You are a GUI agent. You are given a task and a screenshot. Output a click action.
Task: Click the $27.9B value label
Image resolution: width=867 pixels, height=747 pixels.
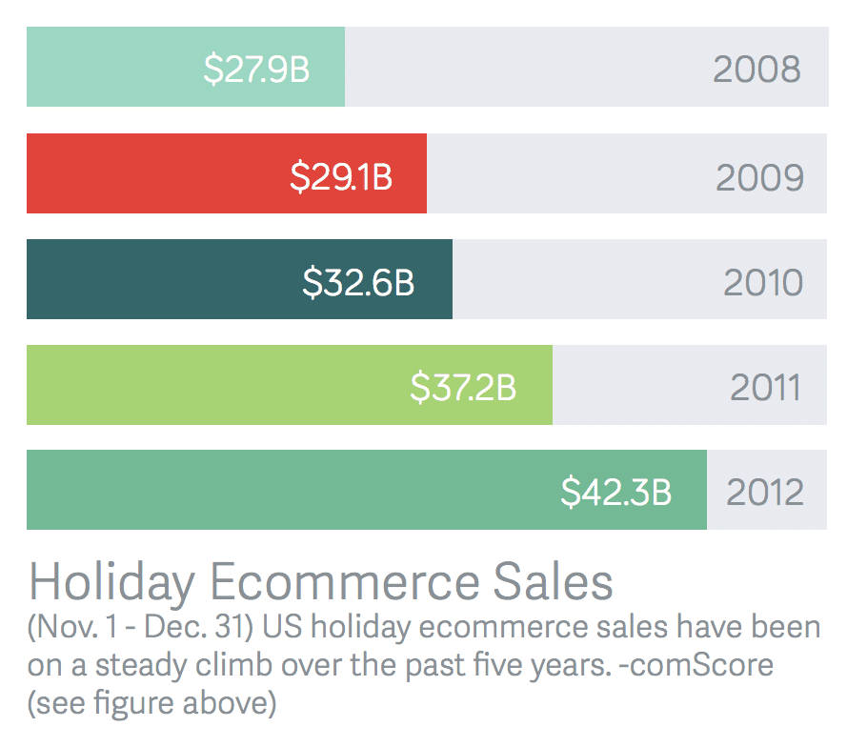tap(256, 69)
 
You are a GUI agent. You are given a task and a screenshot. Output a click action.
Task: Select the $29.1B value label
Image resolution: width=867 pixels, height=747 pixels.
tap(341, 176)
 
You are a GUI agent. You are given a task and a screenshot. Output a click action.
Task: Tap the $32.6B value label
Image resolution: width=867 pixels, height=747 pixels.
tap(358, 282)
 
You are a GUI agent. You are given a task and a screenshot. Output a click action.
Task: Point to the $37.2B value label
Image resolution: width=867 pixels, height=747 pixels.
tap(463, 387)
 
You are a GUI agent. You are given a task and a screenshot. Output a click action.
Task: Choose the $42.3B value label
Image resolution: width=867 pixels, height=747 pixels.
tap(615, 492)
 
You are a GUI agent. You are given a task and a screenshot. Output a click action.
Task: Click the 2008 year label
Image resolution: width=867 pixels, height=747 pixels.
tap(756, 69)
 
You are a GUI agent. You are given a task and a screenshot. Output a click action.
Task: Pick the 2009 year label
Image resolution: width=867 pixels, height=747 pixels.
tap(759, 176)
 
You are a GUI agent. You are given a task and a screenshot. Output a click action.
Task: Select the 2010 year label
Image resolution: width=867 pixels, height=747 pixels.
tap(763, 282)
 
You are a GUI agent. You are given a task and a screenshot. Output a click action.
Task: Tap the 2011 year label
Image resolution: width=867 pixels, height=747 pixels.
tap(765, 387)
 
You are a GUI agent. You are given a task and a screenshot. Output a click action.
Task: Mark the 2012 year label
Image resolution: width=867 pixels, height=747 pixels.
tap(765, 492)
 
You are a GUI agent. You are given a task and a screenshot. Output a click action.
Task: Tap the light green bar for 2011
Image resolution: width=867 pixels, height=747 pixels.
tap(210, 384)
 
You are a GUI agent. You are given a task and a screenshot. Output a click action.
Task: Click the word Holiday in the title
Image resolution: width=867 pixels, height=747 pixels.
tap(112, 580)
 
